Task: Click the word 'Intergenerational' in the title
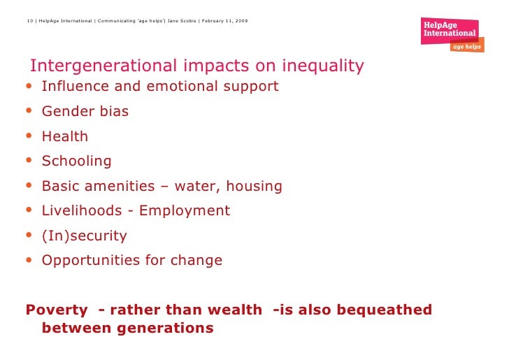coord(103,66)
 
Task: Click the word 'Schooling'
coord(77,161)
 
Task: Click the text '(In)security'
coord(85,236)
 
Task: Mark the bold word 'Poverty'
coord(57,310)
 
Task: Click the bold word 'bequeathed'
coord(385,310)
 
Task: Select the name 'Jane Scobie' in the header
coord(182,21)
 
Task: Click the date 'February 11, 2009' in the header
coord(224,21)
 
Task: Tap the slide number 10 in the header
coord(30,21)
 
